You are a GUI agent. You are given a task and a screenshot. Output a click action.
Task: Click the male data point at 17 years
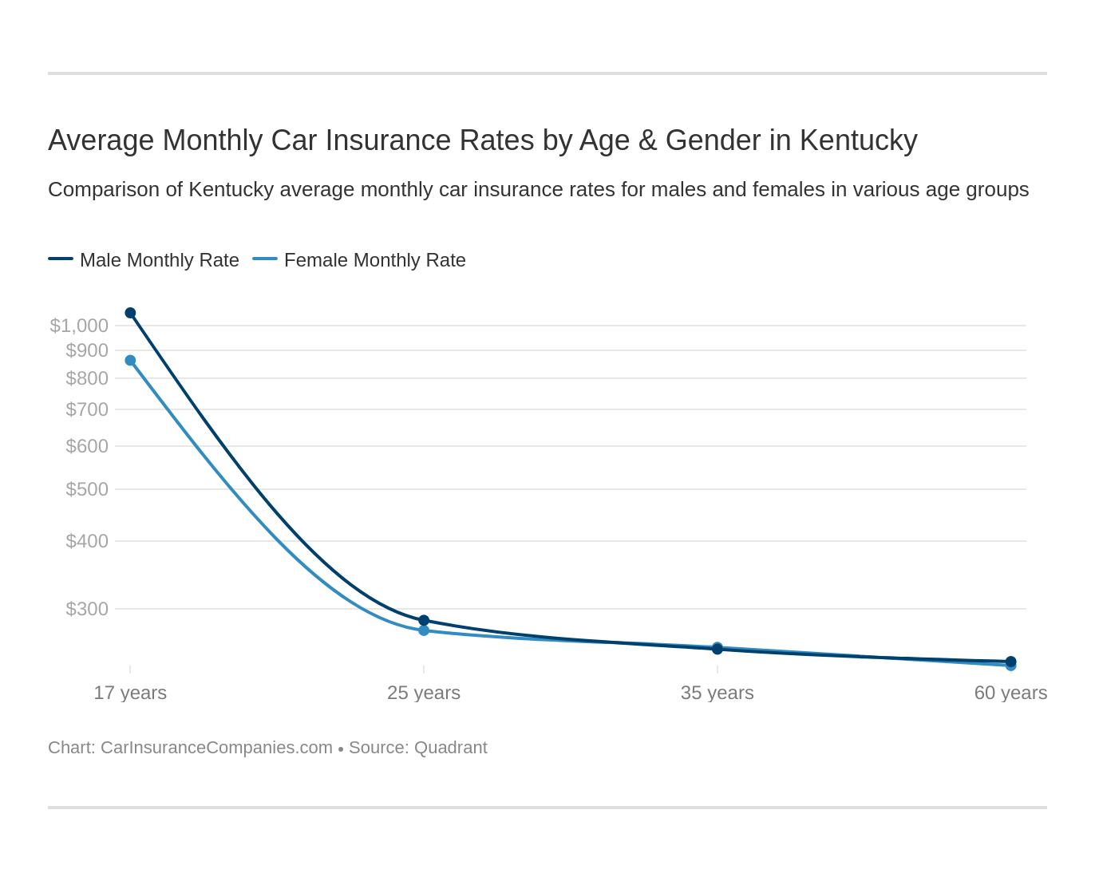(x=130, y=313)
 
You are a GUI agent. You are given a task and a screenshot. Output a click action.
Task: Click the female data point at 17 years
(x=130, y=361)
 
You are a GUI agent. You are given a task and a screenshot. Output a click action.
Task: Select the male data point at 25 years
(x=424, y=620)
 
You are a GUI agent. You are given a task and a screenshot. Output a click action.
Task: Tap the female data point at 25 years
(x=424, y=630)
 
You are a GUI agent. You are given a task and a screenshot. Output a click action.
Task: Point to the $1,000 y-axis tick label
(x=79, y=326)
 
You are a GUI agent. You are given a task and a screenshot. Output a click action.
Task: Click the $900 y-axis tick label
(x=87, y=350)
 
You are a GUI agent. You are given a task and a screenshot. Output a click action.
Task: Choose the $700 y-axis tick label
(x=87, y=409)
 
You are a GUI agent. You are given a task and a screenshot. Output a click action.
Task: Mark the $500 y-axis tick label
(x=87, y=489)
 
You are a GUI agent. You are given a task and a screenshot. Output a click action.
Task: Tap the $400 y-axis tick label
(x=87, y=541)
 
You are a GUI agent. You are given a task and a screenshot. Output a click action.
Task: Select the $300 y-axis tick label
(x=87, y=609)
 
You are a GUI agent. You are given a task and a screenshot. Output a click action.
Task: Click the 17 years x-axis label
(x=130, y=693)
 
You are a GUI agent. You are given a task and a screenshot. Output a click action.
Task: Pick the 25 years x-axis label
(x=424, y=693)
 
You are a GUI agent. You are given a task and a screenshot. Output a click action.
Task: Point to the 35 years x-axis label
(x=717, y=693)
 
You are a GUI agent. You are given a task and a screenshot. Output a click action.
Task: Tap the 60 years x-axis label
(x=1010, y=693)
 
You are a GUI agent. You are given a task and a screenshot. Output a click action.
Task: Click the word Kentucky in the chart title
(x=858, y=140)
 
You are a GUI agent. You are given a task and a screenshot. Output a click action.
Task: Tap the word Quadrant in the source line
(x=451, y=748)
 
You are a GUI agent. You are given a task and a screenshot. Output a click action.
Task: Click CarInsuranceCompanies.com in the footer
(x=216, y=748)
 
